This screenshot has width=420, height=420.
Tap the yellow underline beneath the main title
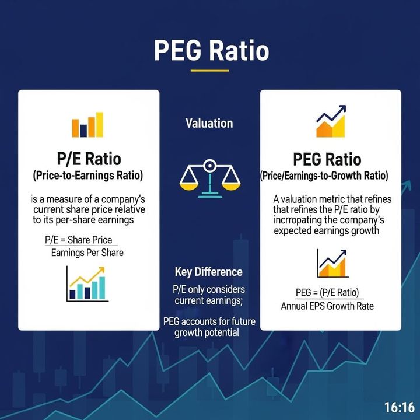click(x=209, y=71)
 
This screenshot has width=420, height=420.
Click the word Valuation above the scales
click(x=209, y=124)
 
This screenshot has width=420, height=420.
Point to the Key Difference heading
click(x=208, y=272)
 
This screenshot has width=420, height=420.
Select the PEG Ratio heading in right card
click(x=327, y=159)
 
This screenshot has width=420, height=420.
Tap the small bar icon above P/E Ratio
click(x=87, y=125)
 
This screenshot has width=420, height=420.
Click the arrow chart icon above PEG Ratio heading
click(x=331, y=121)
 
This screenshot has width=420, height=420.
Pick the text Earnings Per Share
click(x=87, y=253)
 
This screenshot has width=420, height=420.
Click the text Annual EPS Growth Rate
click(x=327, y=306)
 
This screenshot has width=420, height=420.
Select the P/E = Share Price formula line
click(x=78, y=240)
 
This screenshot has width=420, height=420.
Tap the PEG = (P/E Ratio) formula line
click(x=327, y=293)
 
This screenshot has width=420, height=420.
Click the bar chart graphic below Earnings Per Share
click(x=87, y=284)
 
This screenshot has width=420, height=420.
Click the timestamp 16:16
click(x=399, y=407)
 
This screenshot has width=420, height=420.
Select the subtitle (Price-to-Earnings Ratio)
click(x=87, y=175)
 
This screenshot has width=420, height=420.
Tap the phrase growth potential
click(x=208, y=333)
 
